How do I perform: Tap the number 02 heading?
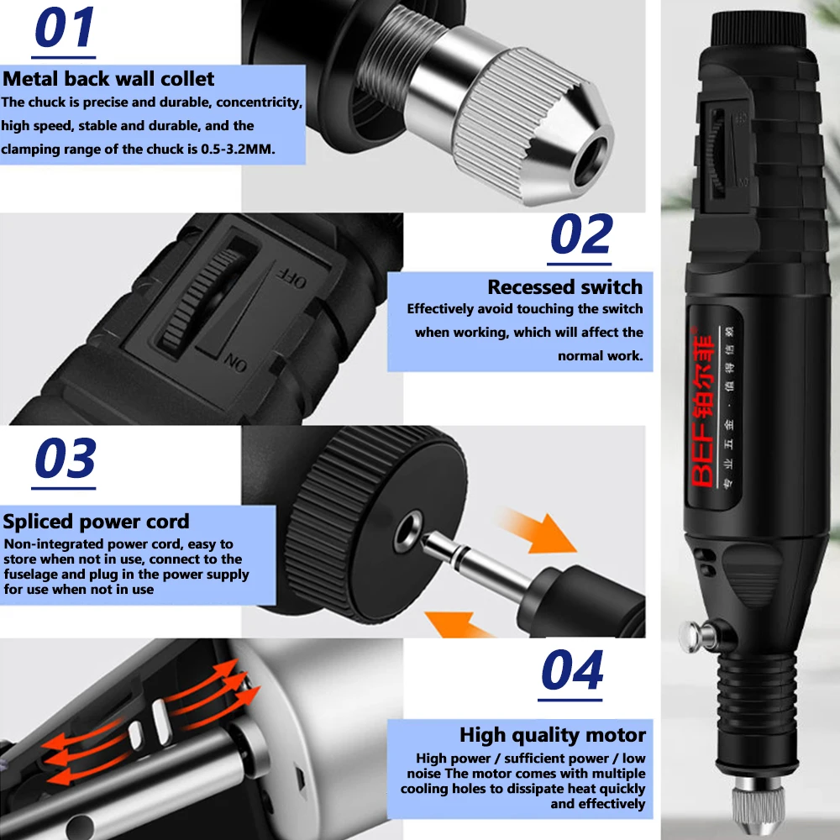click(581, 235)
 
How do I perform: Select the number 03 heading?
click(66, 459)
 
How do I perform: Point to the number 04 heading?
click(571, 670)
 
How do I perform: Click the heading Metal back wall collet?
click(108, 79)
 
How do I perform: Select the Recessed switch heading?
click(564, 287)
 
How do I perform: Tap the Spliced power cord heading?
click(96, 521)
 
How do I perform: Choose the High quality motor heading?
click(552, 735)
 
